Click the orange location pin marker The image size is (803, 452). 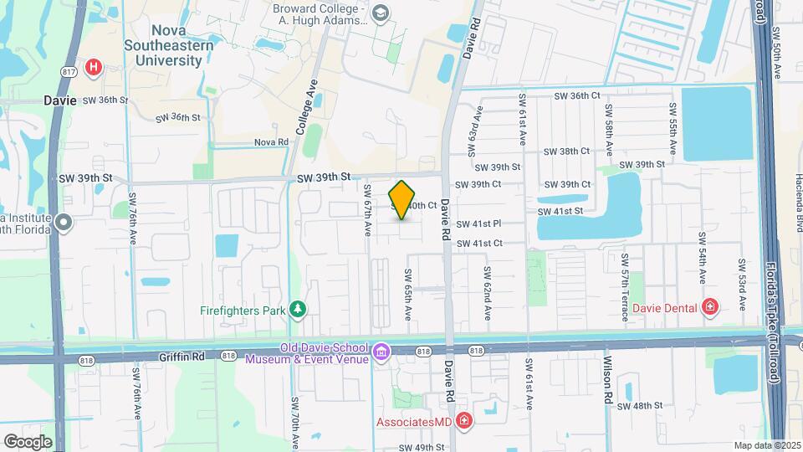click(x=402, y=200)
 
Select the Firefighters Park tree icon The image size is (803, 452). click(x=298, y=311)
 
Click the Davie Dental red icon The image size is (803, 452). click(x=710, y=308)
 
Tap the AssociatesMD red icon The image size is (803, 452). click(x=463, y=421)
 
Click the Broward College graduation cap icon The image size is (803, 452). click(x=381, y=13)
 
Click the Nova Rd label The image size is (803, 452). click(x=271, y=142)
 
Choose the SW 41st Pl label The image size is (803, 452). click(x=478, y=223)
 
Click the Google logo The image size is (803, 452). click(x=28, y=441)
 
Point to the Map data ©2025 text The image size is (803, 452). click(x=766, y=445)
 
